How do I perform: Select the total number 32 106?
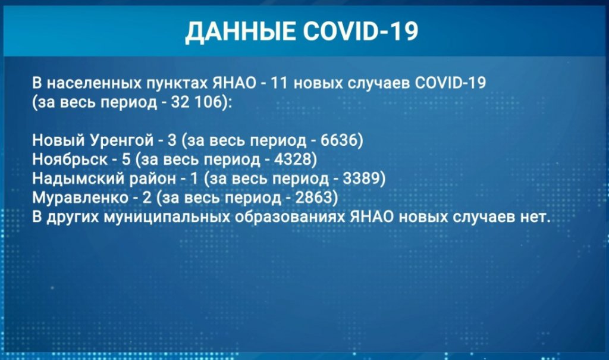(198, 102)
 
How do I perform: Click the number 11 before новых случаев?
(279, 83)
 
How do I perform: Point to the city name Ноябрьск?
(70, 159)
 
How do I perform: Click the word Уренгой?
(121, 140)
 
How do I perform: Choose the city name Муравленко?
(80, 198)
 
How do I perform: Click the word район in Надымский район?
(153, 179)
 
